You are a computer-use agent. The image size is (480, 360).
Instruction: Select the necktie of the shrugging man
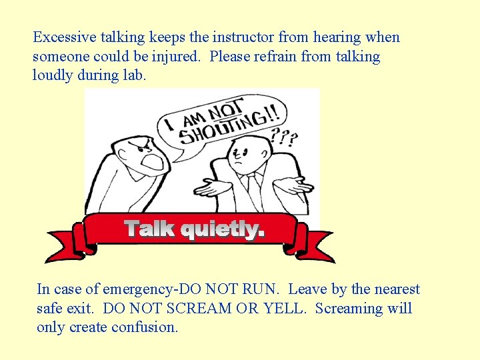coord(253,186)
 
